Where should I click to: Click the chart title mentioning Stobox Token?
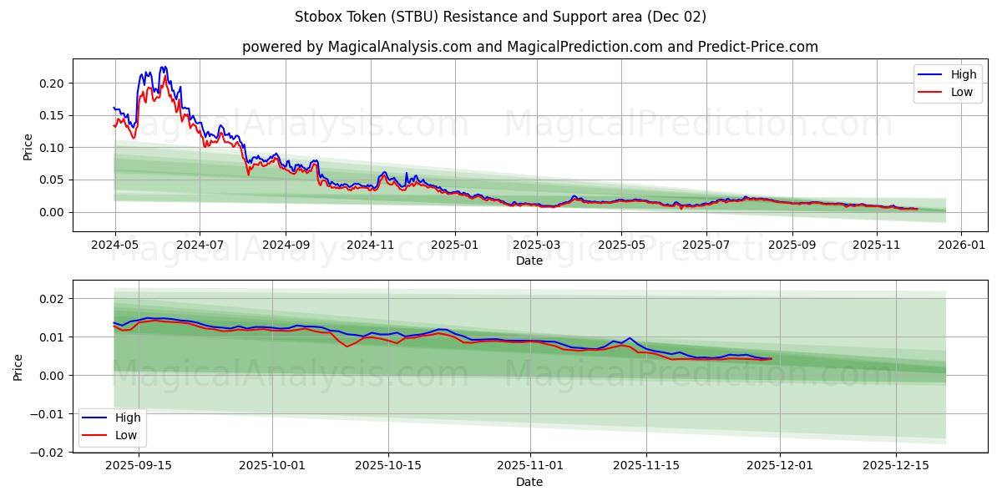pyautogui.click(x=500, y=17)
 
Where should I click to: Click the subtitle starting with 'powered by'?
pyautogui.click(x=529, y=47)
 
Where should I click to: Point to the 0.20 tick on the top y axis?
pyautogui.click(x=52, y=83)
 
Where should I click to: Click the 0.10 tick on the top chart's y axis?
pyautogui.click(x=52, y=148)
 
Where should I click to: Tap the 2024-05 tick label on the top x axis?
pyautogui.click(x=114, y=245)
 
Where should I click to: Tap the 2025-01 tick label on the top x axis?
pyautogui.click(x=455, y=245)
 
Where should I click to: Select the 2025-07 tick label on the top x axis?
pyautogui.click(x=706, y=245)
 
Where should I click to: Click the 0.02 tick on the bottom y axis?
pyautogui.click(x=52, y=298)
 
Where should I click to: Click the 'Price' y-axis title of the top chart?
pyautogui.click(x=28, y=146)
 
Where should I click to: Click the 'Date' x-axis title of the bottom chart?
pyautogui.click(x=529, y=482)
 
